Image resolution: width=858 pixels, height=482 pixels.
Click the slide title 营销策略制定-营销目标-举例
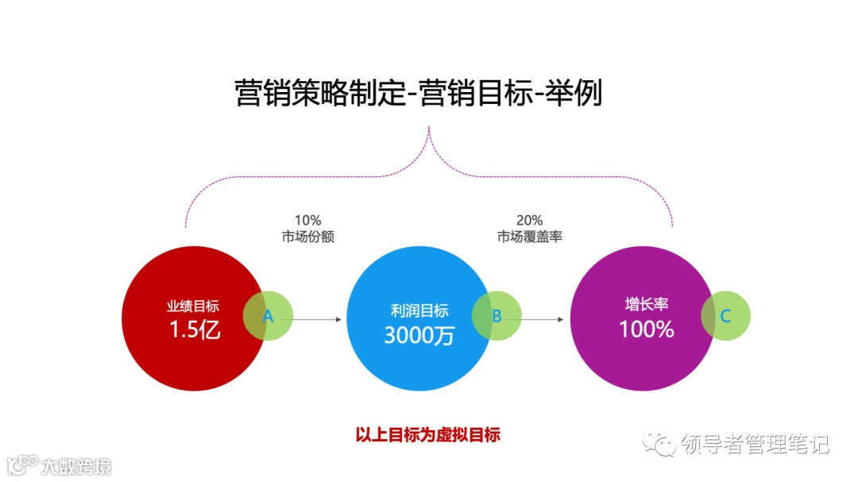click(419, 93)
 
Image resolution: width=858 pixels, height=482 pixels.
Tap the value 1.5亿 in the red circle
click(195, 329)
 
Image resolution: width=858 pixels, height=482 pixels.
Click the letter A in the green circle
click(268, 316)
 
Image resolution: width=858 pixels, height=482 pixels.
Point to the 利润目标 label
click(419, 310)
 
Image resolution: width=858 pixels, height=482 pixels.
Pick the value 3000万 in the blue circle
click(419, 334)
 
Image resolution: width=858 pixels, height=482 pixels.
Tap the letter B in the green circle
click(497, 316)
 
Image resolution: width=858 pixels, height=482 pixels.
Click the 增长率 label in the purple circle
click(646, 305)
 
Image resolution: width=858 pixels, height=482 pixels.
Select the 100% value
click(646, 329)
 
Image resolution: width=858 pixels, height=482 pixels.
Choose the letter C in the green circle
click(725, 316)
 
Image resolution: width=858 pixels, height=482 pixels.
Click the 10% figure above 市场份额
click(307, 221)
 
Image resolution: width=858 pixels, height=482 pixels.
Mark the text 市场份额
click(307, 237)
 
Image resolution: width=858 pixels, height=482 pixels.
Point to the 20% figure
click(529, 221)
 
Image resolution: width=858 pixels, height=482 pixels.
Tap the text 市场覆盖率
click(529, 237)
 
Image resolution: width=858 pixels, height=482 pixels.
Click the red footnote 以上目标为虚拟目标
click(427, 435)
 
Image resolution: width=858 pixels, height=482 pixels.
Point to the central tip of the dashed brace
click(429, 127)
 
